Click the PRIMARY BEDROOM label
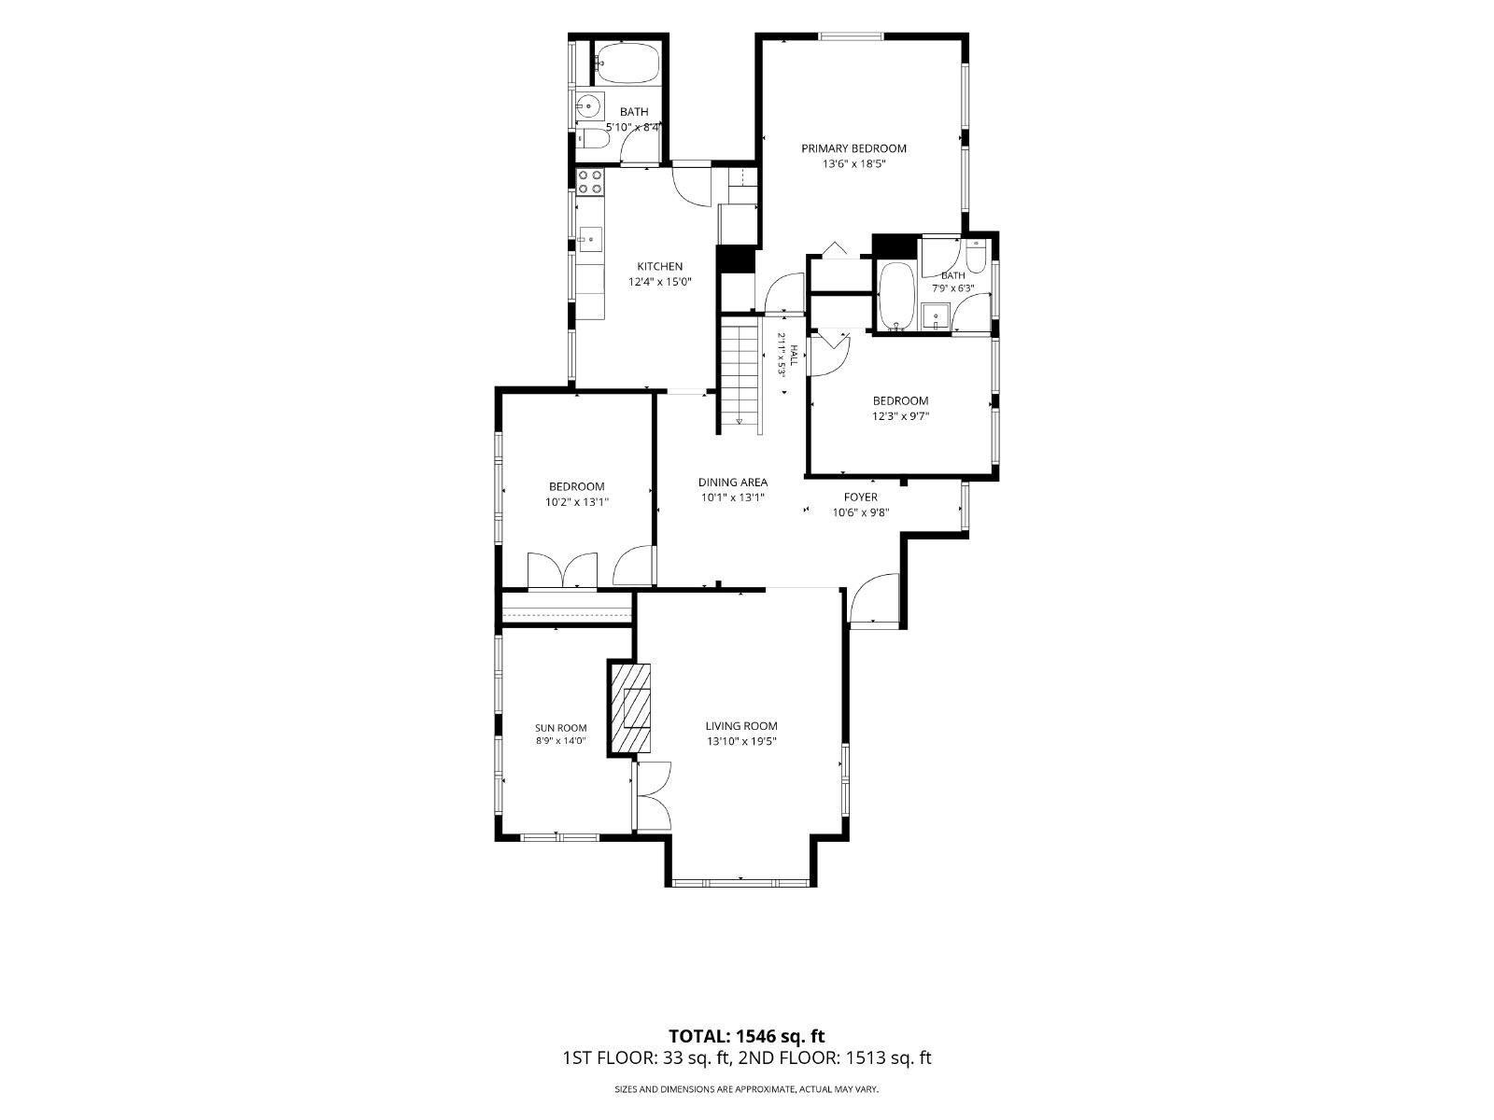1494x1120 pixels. pos(853,148)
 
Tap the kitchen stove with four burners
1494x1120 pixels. pos(590,182)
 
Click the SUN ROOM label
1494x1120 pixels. pos(561,728)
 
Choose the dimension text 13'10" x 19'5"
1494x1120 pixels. pos(741,741)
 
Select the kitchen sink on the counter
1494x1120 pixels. pos(590,239)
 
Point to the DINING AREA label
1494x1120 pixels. pos(733,483)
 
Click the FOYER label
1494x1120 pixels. pos(861,497)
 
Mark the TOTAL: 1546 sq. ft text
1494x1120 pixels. pos(747,1036)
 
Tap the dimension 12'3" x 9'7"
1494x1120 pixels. pos(901,416)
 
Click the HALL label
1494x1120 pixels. pos(793,355)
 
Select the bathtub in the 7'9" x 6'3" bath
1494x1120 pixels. pos(897,297)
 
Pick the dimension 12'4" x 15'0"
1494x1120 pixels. pos(660,282)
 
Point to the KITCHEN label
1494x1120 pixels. pos(660,267)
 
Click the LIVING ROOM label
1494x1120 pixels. pos(741,726)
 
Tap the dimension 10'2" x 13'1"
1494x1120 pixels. pos(577,502)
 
